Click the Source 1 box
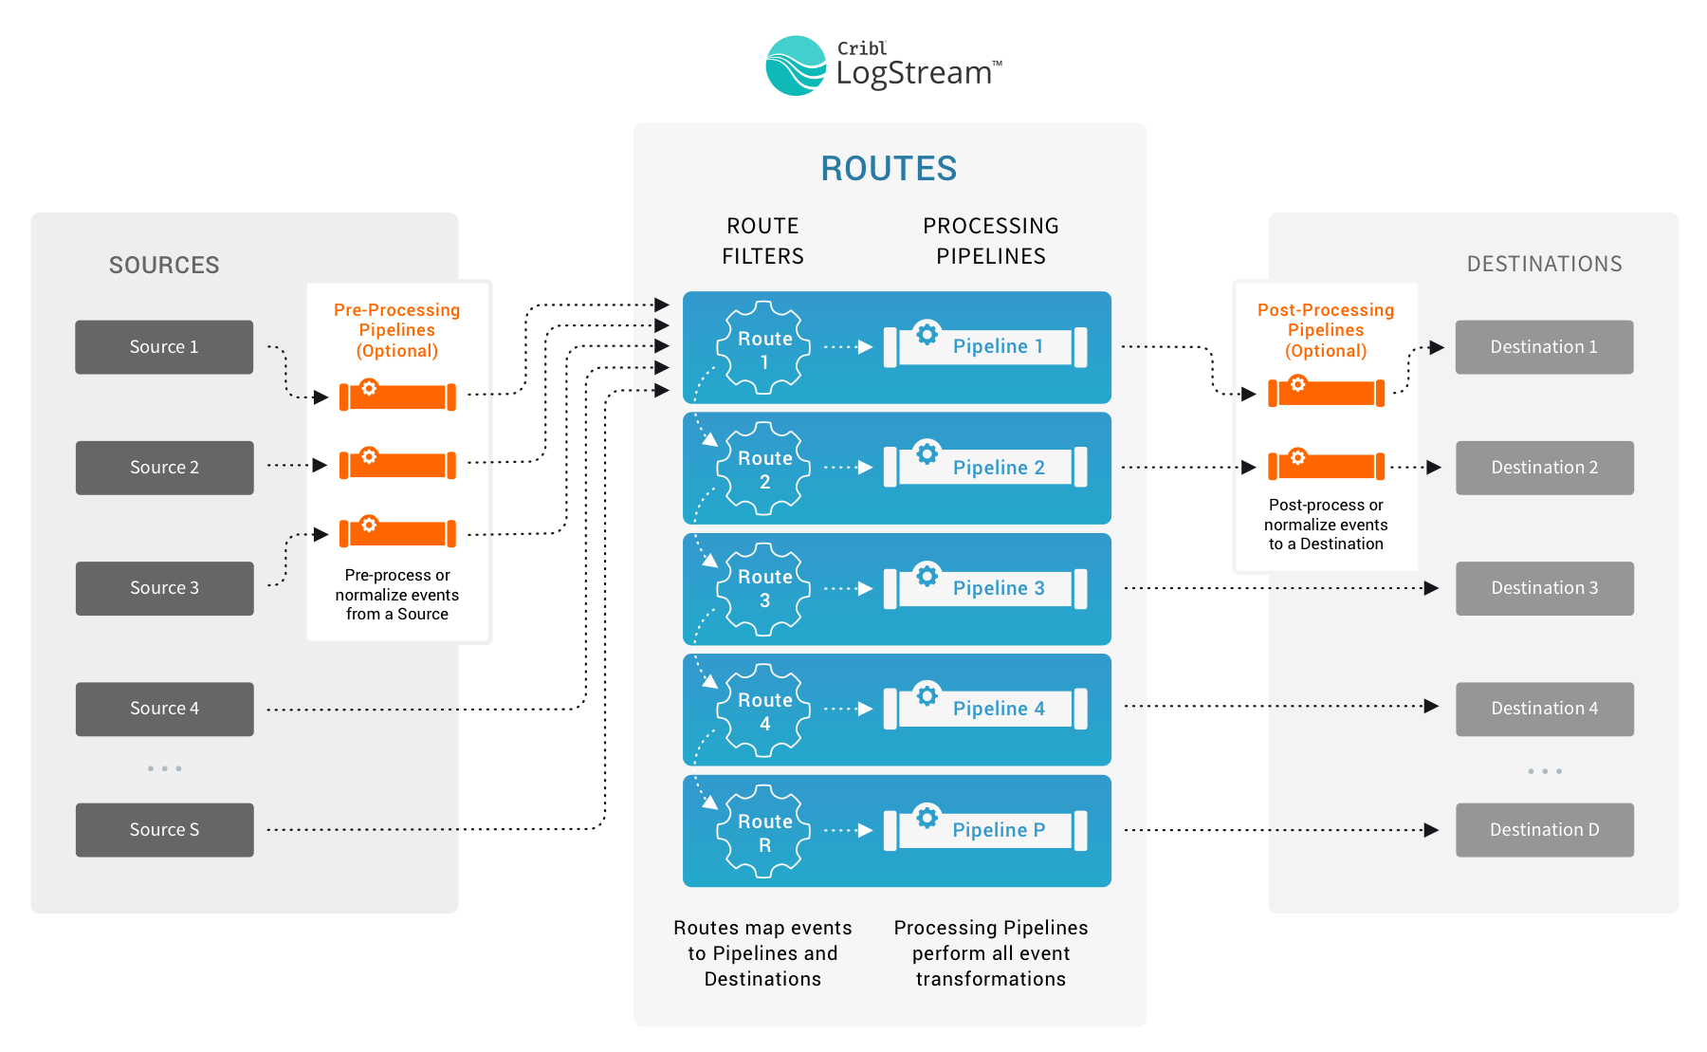point(164,347)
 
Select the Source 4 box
point(164,709)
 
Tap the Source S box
point(164,830)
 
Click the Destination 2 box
point(1544,468)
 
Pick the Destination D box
point(1544,830)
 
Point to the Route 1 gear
point(764,348)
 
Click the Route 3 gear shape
point(764,588)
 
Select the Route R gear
point(764,831)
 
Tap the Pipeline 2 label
point(999,468)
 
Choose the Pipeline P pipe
point(985,830)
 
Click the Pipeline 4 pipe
point(985,709)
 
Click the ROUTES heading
point(889,169)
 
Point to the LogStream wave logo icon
point(796,65)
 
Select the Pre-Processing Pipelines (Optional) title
point(396,330)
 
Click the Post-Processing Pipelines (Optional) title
point(1326,330)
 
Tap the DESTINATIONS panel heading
point(1544,264)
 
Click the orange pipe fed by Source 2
point(397,464)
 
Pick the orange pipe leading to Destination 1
point(1326,392)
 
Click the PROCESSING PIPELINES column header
point(991,241)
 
